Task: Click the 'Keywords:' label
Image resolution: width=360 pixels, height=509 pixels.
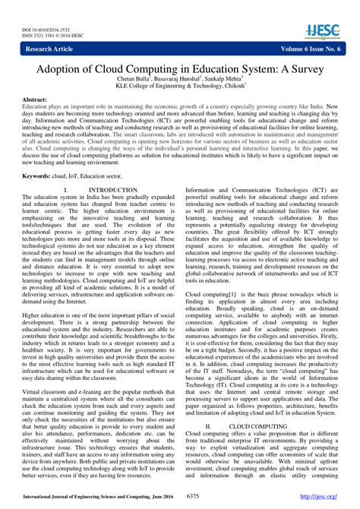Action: [x=41, y=175]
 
